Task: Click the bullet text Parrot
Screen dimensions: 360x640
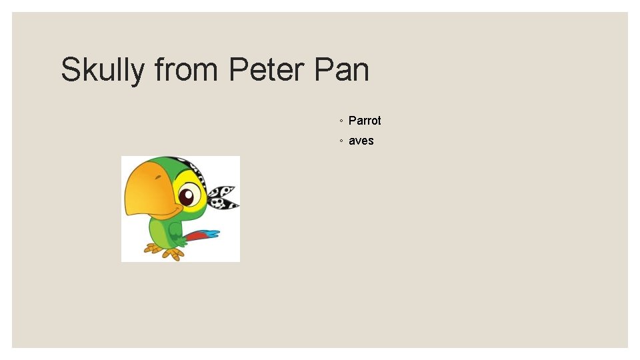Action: (365, 121)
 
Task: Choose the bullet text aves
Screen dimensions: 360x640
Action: (361, 141)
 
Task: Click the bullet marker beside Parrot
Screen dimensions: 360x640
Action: (340, 121)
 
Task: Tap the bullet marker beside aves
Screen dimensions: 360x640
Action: (340, 141)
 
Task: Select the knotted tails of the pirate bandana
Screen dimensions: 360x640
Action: (223, 197)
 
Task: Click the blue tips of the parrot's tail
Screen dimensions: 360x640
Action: (211, 234)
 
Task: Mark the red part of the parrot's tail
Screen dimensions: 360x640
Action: (196, 235)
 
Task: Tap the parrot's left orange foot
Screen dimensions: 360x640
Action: (153, 249)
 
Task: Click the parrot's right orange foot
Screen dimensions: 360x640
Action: (175, 253)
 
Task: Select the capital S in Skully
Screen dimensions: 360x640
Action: (71, 70)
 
